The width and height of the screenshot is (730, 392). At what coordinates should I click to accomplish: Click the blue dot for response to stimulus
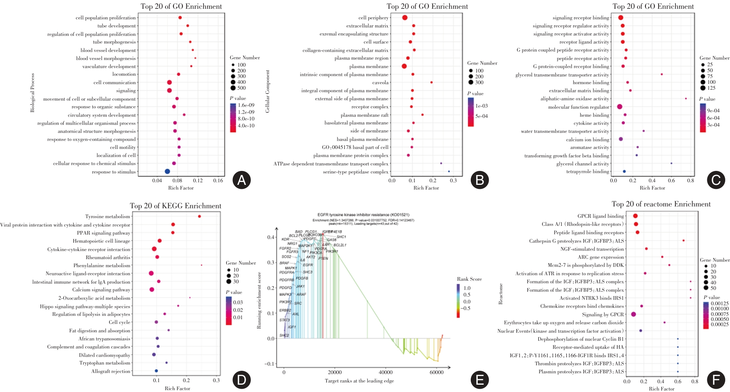(x=167, y=171)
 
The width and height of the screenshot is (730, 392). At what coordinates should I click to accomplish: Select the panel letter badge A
(x=242, y=180)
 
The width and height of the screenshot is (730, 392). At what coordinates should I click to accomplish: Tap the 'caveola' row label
(x=380, y=83)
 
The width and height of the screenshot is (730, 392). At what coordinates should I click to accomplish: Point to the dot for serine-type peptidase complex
(x=449, y=171)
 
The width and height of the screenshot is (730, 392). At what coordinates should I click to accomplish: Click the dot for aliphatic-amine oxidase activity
(x=686, y=98)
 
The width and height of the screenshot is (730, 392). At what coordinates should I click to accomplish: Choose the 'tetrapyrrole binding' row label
(x=588, y=172)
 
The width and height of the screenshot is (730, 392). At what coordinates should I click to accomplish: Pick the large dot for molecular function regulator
(x=619, y=107)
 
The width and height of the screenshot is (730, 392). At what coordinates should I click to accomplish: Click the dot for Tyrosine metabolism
(x=200, y=216)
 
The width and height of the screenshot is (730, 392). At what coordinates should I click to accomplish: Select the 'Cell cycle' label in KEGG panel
(x=119, y=322)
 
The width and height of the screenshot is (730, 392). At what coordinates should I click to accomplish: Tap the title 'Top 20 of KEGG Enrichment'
(x=175, y=206)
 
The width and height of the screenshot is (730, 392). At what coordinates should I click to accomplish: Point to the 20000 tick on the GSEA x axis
(x=335, y=372)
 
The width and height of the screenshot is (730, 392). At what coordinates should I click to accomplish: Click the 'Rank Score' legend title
(x=469, y=279)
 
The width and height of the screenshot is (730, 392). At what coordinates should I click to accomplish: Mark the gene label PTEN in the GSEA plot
(x=323, y=258)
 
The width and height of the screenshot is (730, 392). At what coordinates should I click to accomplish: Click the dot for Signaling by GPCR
(x=633, y=314)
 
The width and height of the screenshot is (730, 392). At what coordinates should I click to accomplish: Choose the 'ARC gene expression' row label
(x=600, y=257)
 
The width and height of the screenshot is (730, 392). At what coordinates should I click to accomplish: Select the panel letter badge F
(x=716, y=380)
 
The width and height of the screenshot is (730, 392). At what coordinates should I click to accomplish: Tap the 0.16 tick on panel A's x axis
(x=218, y=180)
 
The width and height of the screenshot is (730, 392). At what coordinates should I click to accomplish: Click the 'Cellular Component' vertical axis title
(x=268, y=91)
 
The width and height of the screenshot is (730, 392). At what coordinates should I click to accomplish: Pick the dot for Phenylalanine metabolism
(x=201, y=265)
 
